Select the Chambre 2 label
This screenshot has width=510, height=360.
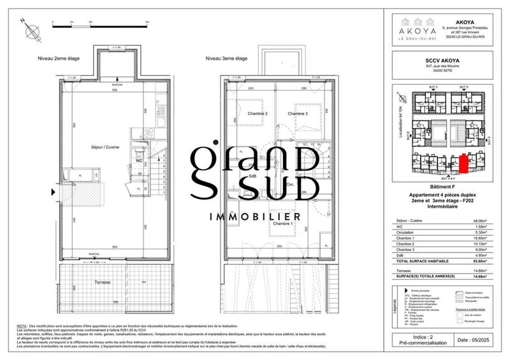click(248, 114)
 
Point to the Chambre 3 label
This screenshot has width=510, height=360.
click(298, 114)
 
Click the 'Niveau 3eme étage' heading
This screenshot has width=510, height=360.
click(226, 59)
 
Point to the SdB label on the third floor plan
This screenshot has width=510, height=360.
click(245, 176)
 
